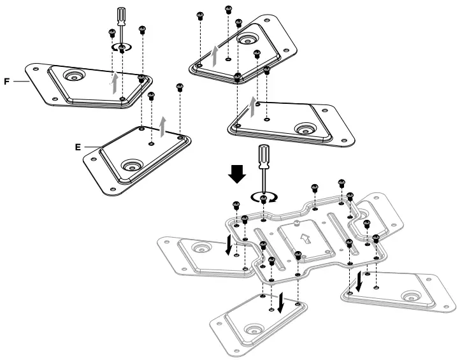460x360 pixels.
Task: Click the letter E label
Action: click(78, 147)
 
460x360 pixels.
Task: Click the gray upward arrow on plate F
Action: click(115, 83)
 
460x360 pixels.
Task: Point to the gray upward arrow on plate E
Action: click(164, 126)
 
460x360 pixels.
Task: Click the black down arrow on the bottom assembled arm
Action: click(281, 299)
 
